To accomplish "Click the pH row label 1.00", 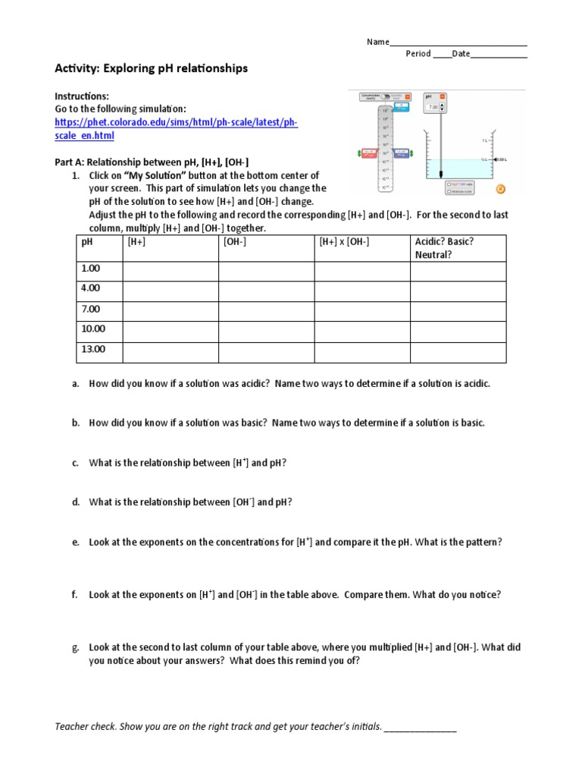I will pyautogui.click(x=90, y=269).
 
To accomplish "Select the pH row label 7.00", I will pyautogui.click(x=90, y=309).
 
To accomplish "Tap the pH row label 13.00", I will pyautogui.click(x=93, y=350).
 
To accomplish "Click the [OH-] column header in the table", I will pyautogui.click(x=235, y=241).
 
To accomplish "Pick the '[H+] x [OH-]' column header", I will pyautogui.click(x=344, y=241).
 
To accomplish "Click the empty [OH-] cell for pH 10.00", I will pyautogui.click(x=266, y=332).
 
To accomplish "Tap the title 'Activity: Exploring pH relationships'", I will pyautogui.click(x=152, y=68).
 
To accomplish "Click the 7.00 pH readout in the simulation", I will pyautogui.click(x=433, y=108).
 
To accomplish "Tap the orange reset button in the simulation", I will pyautogui.click(x=499, y=189).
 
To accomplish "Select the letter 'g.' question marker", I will pyautogui.click(x=76, y=647).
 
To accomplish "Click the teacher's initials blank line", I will pyautogui.click(x=421, y=727).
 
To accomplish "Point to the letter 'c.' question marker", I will pyautogui.click(x=76, y=463).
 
